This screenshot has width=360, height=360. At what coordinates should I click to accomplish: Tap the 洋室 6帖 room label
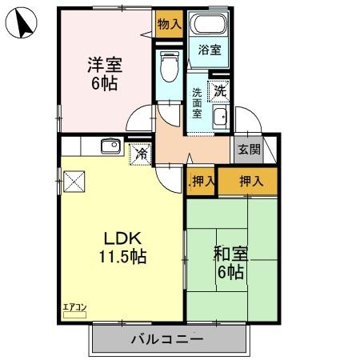pos(104,73)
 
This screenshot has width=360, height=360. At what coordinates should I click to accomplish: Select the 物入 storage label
pos(169,25)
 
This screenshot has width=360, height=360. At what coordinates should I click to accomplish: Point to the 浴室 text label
pos(211,50)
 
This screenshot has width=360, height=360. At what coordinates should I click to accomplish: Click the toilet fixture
pos(168,67)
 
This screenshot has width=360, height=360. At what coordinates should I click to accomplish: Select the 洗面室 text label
pos(197,102)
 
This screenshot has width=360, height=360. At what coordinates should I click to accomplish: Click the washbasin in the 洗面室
pos(220,118)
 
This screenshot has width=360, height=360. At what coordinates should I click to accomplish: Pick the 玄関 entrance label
pos(249,149)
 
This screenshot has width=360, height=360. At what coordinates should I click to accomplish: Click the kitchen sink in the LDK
pos(110,146)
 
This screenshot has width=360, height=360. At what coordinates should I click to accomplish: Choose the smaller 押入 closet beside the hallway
pos(203,181)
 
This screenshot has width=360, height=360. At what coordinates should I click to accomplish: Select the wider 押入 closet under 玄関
pos(251,181)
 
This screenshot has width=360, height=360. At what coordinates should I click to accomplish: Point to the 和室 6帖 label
pos(230,263)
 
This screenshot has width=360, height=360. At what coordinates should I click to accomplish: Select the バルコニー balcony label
pos(167,339)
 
